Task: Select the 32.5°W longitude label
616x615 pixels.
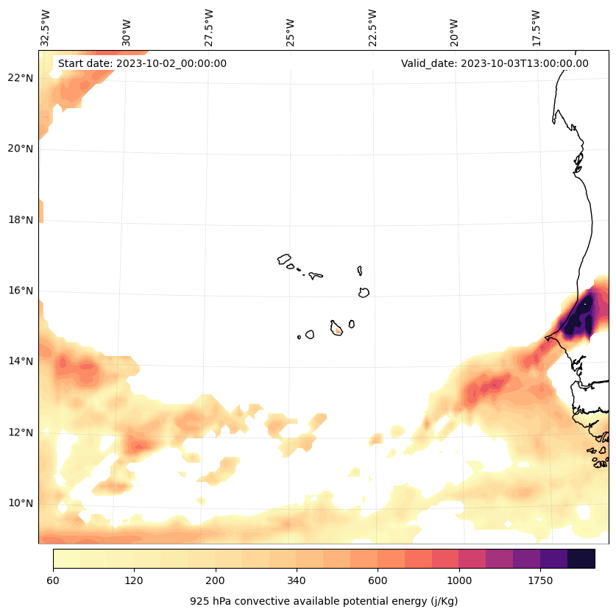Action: click(46, 28)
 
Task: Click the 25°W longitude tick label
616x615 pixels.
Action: click(291, 29)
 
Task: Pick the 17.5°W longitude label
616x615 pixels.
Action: click(537, 28)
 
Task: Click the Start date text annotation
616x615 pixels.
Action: click(142, 63)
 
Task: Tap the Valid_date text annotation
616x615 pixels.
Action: click(495, 63)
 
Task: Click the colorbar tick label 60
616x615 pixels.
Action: click(53, 581)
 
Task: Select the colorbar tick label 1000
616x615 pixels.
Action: click(459, 581)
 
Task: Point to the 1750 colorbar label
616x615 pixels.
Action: click(540, 581)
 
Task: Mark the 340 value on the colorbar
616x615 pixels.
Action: click(297, 581)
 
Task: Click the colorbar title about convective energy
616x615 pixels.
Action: click(324, 601)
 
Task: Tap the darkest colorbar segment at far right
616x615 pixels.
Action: click(581, 559)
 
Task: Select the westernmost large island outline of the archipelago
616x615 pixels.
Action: click(284, 259)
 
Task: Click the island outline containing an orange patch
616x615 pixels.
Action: click(336, 328)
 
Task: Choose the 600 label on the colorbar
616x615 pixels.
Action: click(378, 581)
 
